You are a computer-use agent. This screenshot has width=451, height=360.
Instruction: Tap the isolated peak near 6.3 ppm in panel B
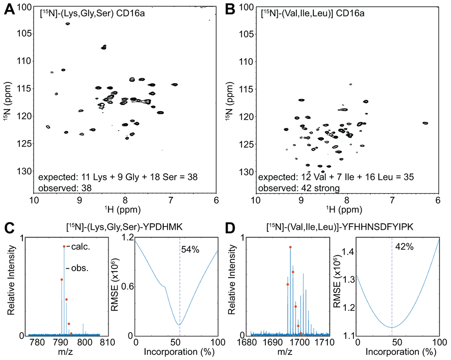coord(425,123)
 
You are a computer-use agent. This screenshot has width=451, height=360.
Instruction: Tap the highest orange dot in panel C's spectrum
coord(64,247)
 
